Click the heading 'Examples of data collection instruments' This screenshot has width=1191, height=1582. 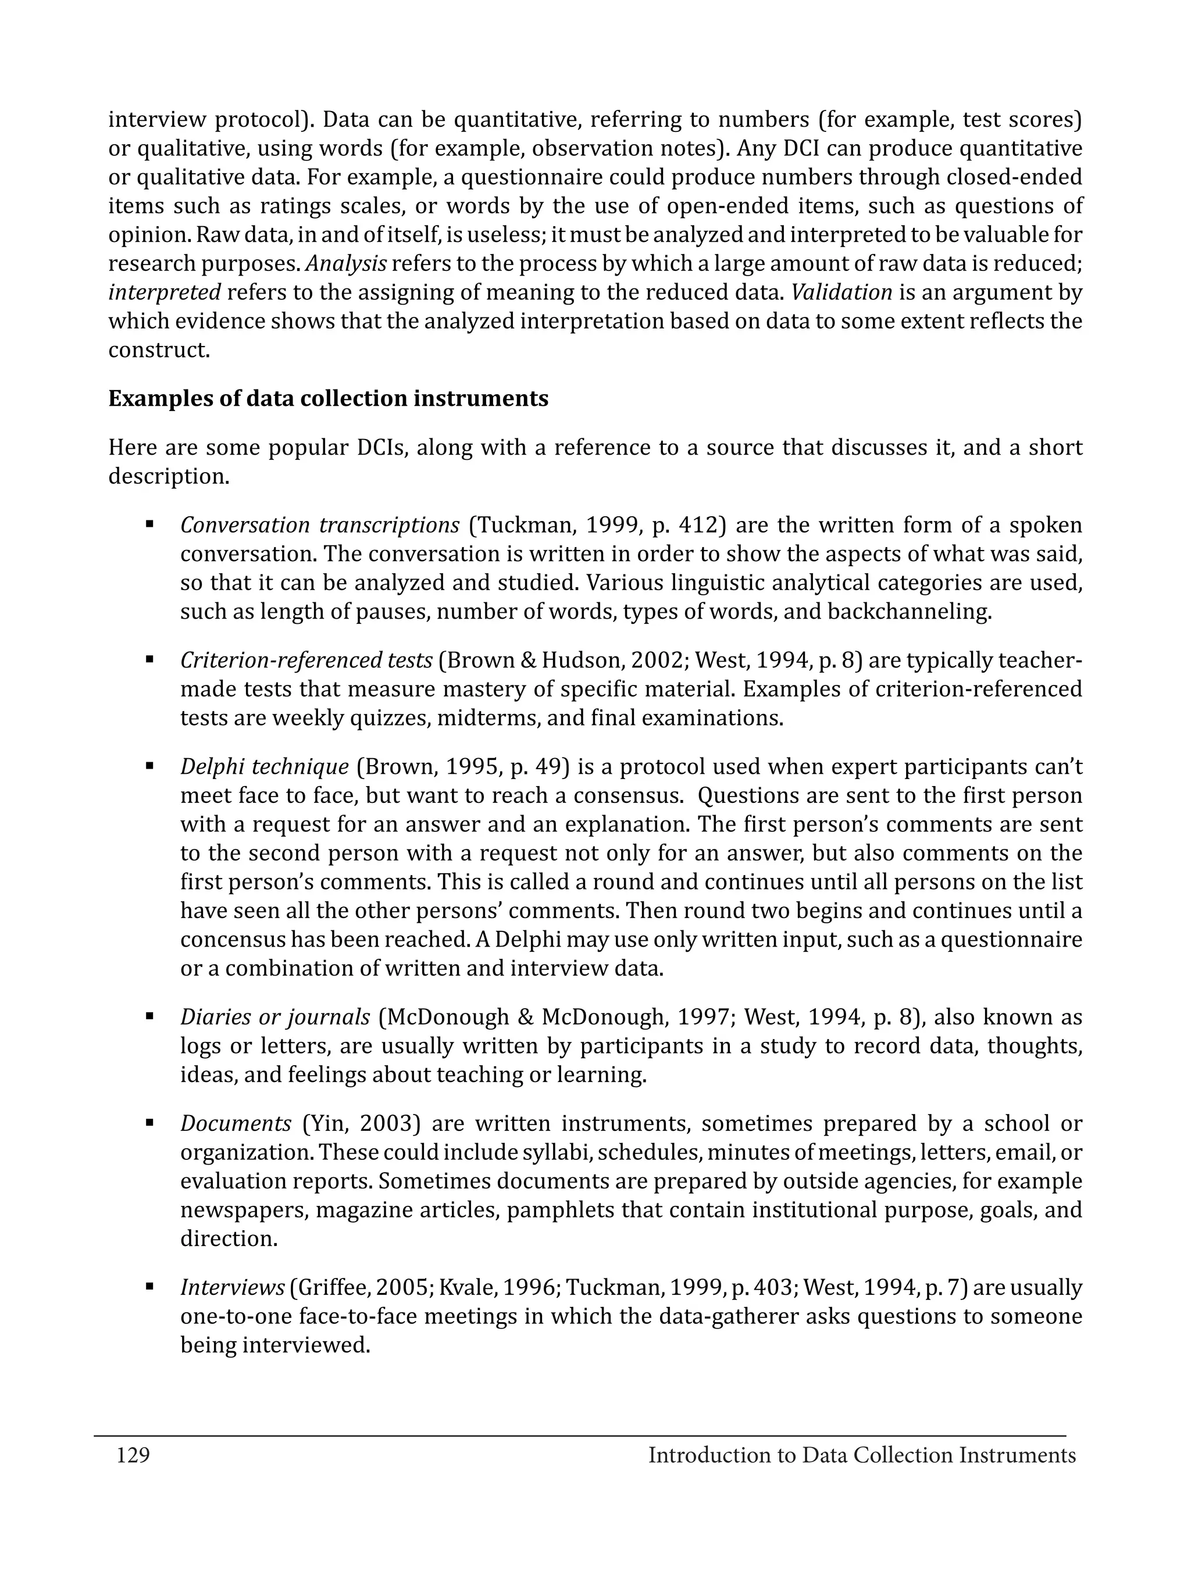329,398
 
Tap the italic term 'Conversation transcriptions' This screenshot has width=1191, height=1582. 320,526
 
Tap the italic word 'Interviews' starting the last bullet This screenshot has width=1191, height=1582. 233,1287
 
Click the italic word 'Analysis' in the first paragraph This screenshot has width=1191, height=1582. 346,264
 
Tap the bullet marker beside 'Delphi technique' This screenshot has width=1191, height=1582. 149,765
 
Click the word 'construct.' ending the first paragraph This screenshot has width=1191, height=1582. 159,351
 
